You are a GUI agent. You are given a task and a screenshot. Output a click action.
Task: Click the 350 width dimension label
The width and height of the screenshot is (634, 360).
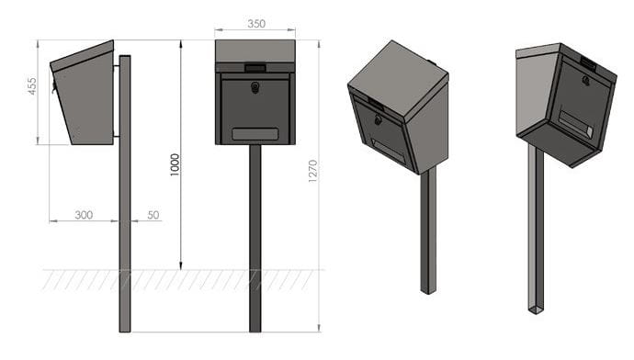tap(256, 24)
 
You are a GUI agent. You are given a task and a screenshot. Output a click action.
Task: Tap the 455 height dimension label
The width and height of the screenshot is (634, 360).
tap(31, 86)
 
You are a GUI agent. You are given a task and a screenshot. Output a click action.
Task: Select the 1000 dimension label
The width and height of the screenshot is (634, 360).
tap(175, 164)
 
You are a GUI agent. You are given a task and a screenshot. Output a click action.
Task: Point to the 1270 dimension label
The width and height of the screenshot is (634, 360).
tap(312, 171)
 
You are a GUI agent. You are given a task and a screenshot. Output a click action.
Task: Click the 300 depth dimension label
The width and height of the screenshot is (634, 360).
tap(84, 215)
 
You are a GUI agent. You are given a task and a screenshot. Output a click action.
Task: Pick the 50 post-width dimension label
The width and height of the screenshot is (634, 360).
tap(153, 215)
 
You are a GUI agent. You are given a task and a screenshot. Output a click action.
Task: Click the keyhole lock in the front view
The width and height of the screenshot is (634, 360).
tap(255, 87)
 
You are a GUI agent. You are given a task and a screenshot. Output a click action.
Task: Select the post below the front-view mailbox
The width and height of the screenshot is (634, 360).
tap(255, 239)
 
